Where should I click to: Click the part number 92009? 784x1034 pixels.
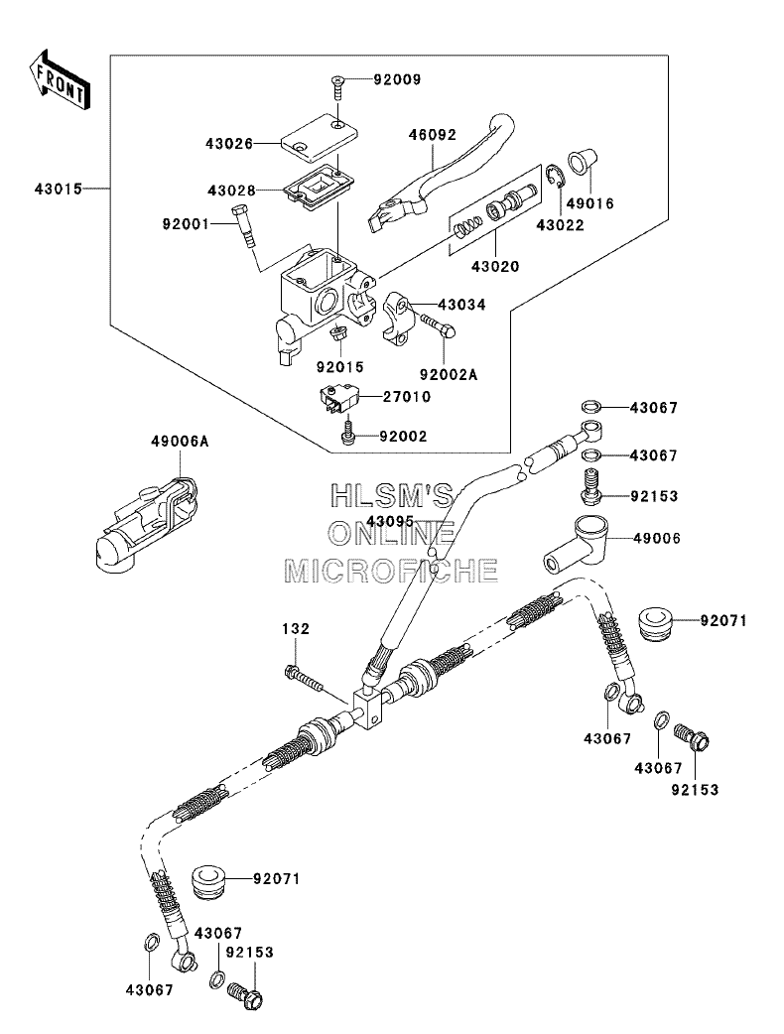coord(397,79)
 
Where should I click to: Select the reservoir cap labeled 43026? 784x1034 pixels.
coord(320,137)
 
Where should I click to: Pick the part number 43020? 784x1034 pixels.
coord(495,266)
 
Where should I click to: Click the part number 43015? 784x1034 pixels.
coord(59,190)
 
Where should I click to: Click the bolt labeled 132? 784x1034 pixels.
coord(304,680)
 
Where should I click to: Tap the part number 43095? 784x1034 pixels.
coord(390,521)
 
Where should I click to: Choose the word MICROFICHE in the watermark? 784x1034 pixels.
coord(391,571)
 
